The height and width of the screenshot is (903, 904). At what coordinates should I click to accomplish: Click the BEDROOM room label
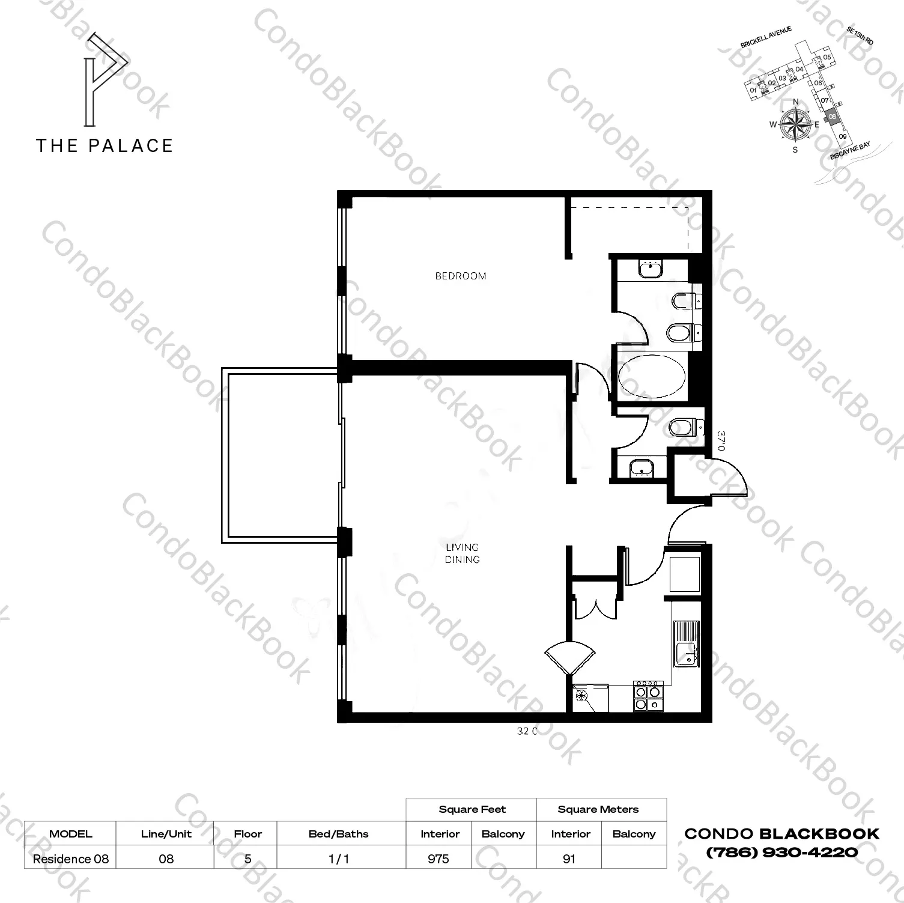[x=461, y=276]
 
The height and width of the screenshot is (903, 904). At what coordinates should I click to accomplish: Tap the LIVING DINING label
[x=463, y=553]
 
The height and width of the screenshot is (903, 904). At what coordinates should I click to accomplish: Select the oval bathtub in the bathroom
[x=652, y=377]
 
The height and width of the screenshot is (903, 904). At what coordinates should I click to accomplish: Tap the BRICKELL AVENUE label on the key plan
[x=766, y=37]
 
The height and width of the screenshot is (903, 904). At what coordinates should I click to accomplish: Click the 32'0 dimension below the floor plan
[x=526, y=731]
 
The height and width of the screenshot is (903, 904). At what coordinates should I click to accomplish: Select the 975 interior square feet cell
[x=438, y=859]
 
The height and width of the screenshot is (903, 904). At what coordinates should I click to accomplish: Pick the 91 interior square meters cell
[x=569, y=859]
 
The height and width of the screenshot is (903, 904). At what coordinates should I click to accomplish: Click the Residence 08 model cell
[x=71, y=859]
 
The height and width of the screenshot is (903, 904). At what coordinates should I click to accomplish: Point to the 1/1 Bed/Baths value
[x=339, y=859]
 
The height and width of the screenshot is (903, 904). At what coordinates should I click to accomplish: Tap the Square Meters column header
[x=598, y=809]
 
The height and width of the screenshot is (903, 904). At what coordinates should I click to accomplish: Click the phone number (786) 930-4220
[x=782, y=851]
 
